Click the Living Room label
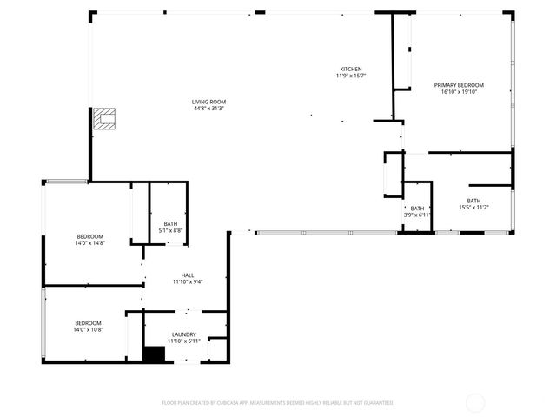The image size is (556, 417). [x=209, y=102]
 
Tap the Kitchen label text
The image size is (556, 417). [x=351, y=69]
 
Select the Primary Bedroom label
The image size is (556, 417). [x=459, y=84]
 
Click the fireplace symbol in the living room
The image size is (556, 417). [x=104, y=119]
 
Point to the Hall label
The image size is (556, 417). [x=187, y=275]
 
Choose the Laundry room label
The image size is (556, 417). [x=184, y=334]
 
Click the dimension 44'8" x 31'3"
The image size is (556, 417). [x=209, y=109]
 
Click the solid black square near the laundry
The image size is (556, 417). [x=154, y=354]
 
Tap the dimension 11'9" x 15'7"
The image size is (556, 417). [x=351, y=76]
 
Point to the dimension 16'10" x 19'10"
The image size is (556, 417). [x=459, y=91]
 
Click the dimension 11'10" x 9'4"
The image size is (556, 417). [x=187, y=281]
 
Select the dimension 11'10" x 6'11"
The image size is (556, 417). [x=184, y=341]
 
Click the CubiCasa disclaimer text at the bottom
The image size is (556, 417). [x=278, y=403]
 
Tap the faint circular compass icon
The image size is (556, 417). [x=475, y=402]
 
